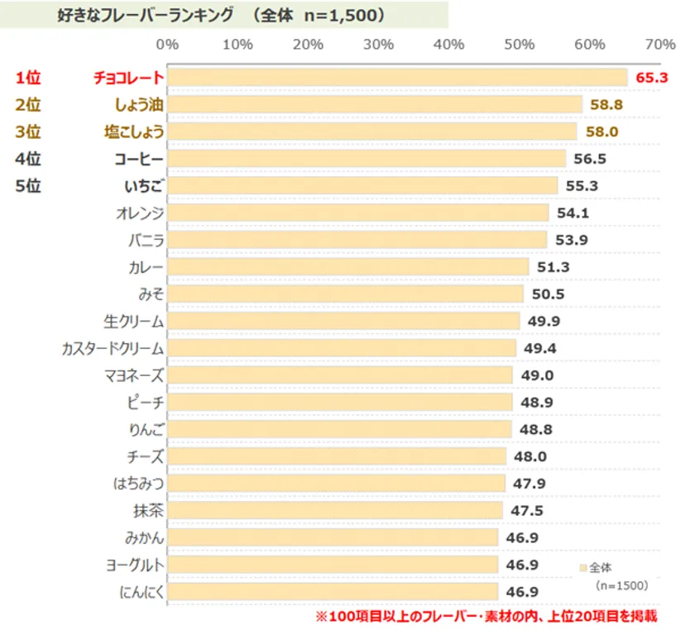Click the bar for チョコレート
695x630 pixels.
pyautogui.click(x=397, y=78)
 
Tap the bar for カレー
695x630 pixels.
pyautogui.click(x=348, y=267)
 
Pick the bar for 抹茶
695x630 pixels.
pyautogui.click(x=335, y=510)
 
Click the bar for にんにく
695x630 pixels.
pyautogui.click(x=333, y=591)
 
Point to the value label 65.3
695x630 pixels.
pyautogui.click(x=651, y=78)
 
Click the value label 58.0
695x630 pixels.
pyautogui.click(x=601, y=132)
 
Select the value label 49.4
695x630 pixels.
pyautogui.click(x=539, y=348)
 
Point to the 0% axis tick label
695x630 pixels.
pyautogui.click(x=167, y=45)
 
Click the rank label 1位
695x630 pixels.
pyautogui.click(x=28, y=78)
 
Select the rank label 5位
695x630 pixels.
pyautogui.click(x=28, y=186)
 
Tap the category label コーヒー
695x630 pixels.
pyautogui.click(x=139, y=159)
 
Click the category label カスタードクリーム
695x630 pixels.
pyautogui.click(x=113, y=348)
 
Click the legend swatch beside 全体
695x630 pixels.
pyautogui.click(x=584, y=568)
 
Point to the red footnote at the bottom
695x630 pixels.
pyautogui.click(x=486, y=617)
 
